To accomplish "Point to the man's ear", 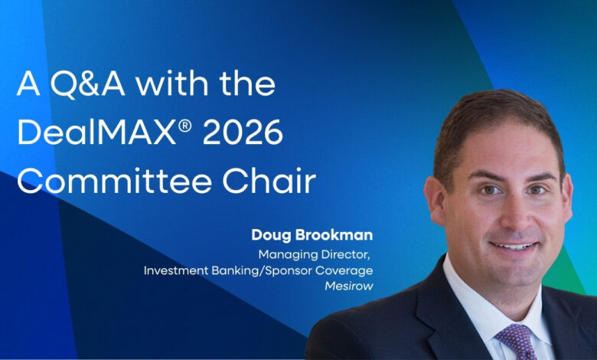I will [436, 207].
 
